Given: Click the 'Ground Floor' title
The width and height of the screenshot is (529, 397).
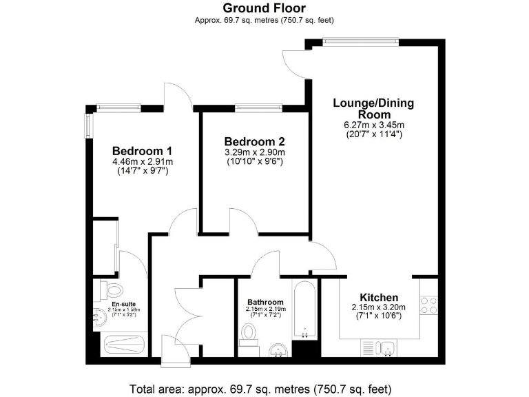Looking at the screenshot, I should coord(264,8).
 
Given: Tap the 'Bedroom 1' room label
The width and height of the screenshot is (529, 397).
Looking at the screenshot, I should coord(142,151).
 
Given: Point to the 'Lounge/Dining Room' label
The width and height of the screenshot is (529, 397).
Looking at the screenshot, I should coord(373,109).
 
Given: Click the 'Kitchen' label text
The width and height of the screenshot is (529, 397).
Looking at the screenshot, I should coord(378,297).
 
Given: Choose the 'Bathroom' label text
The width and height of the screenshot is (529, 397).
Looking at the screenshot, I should coord(265,302).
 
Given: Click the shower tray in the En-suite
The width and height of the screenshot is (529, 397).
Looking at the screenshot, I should coord(124,343).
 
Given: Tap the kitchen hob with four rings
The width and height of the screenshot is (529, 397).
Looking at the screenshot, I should coord(430,305).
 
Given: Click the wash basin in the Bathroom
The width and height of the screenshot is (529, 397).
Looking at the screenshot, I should coord(279,350).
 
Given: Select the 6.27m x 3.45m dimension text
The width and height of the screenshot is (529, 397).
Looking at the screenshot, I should coord(373,125).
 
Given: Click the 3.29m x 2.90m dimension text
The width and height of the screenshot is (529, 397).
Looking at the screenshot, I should coord(254,152).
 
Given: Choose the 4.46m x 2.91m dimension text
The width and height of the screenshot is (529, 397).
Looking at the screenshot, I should coord(142,162).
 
